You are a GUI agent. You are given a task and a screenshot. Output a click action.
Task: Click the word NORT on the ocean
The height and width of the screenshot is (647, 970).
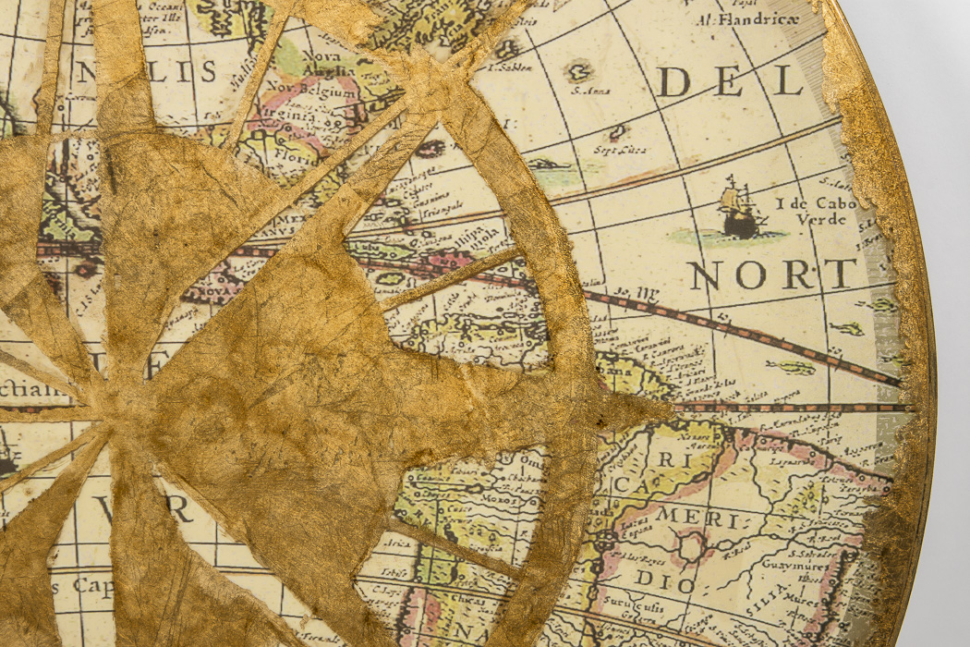point(772,275)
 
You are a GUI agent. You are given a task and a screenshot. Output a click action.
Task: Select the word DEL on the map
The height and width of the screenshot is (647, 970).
point(730,82)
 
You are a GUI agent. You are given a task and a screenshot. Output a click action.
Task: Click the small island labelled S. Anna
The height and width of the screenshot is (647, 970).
point(579,72)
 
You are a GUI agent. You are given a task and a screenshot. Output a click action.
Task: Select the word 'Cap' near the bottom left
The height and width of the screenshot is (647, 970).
point(92,585)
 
